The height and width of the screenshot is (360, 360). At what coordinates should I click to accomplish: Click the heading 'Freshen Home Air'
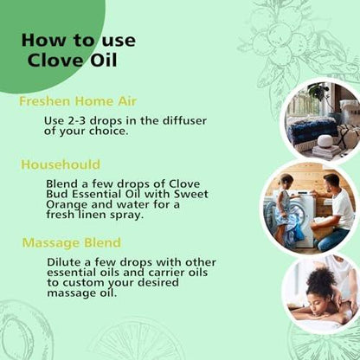78,101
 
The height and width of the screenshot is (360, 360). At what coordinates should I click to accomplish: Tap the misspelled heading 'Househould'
61,164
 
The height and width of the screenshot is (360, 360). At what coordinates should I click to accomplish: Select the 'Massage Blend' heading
72,242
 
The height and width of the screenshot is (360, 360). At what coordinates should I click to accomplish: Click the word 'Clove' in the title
55,61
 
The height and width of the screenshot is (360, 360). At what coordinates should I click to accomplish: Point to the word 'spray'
128,215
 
